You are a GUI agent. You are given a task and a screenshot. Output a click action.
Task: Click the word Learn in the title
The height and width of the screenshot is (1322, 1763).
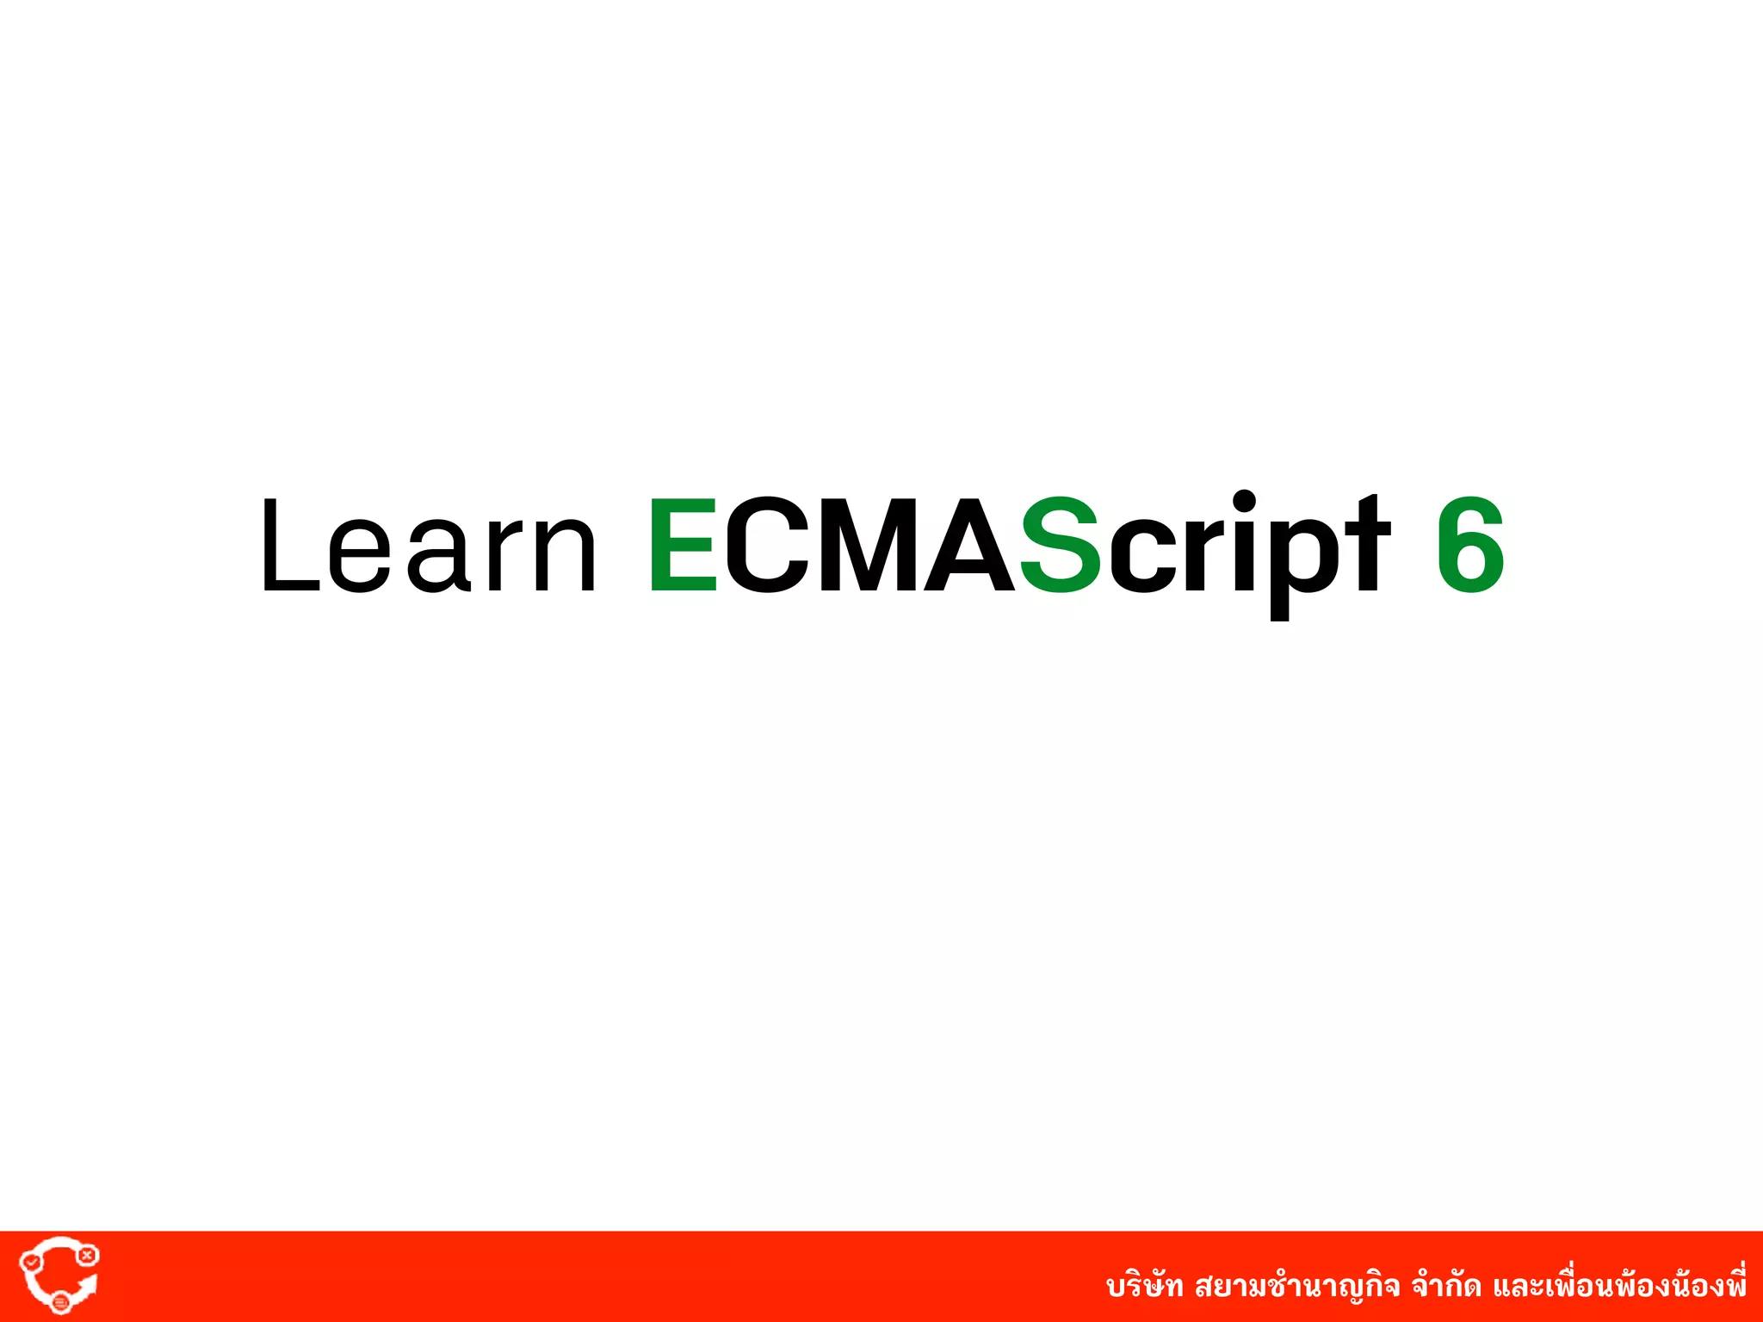click(428, 546)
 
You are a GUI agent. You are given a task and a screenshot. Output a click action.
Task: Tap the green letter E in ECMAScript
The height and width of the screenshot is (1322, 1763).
click(683, 546)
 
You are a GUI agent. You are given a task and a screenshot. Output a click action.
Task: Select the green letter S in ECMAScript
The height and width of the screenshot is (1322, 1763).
click(1060, 546)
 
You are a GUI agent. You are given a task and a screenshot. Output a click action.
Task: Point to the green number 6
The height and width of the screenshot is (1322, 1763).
click(1470, 546)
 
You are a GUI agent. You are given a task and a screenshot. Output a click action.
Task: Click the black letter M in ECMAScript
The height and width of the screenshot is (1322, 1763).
click(870, 546)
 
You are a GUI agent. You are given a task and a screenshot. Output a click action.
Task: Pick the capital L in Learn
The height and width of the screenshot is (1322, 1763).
click(289, 546)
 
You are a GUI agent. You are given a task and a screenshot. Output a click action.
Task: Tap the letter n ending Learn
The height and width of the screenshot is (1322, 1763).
click(564, 555)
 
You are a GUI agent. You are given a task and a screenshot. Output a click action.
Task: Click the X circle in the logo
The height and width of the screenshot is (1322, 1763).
click(86, 1256)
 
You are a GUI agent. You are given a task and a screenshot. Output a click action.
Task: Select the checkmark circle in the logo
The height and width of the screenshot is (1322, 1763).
click(31, 1262)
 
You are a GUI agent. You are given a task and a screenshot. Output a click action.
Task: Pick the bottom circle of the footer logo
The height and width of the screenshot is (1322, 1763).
click(60, 1303)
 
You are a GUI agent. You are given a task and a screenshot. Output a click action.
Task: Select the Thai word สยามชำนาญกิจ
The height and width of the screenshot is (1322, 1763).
click(1296, 1286)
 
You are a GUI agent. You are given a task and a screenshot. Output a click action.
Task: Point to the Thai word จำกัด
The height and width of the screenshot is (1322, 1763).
click(1447, 1286)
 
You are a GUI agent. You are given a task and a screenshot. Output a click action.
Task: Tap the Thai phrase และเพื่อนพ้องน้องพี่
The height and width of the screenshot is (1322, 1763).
click(1619, 1286)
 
